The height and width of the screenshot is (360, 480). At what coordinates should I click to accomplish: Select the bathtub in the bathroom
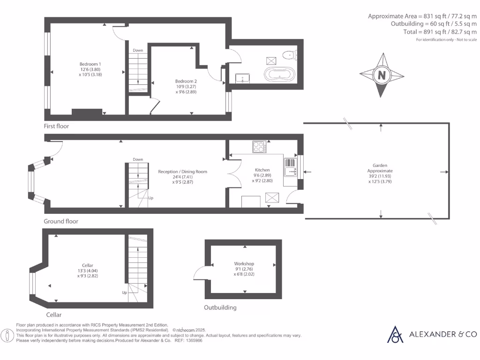coord(280,75)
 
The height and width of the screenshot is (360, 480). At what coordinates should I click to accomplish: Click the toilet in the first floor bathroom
coord(291,55)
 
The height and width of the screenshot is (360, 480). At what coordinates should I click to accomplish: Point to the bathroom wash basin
coord(243,77)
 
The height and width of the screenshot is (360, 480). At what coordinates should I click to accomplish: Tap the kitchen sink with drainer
coord(290,167)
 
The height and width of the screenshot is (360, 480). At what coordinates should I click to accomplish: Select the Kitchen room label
coord(262,170)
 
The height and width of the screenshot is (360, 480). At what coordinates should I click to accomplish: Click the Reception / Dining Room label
coord(182,172)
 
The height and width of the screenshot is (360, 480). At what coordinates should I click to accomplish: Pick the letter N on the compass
coord(382,75)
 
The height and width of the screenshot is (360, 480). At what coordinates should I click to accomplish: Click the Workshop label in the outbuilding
coord(244,264)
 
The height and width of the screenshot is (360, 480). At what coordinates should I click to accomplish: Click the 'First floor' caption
coord(57,126)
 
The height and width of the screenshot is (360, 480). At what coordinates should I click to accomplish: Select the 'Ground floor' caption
coord(61,221)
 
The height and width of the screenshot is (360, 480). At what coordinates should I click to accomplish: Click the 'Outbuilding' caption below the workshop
coord(220,307)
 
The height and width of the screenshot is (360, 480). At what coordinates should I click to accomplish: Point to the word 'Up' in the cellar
coord(124,292)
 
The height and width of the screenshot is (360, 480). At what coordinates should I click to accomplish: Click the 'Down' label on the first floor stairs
coord(138,50)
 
